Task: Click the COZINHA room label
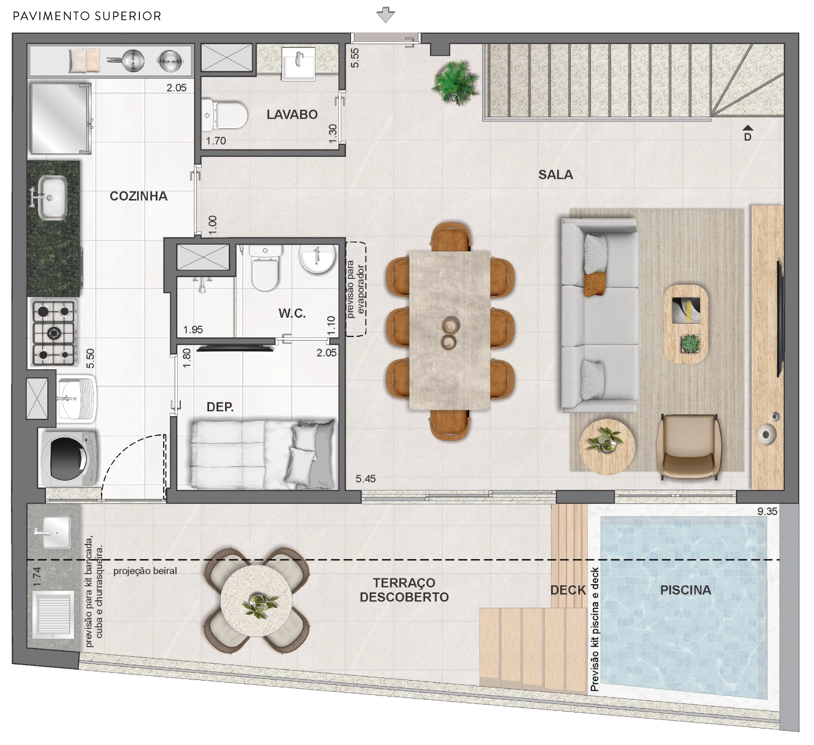pos(138,196)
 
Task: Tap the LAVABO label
pos(292,114)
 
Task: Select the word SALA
pos(555,175)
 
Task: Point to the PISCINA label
pos(685,590)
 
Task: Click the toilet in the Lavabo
pos(225,115)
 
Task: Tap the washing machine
pos(68,459)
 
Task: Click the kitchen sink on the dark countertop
pos(51,198)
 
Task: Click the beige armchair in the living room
pos(688,446)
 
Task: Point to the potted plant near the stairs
pos(454,82)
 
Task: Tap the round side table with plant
pos(607,446)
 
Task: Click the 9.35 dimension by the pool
pos(767,511)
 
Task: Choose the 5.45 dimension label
pos(366,479)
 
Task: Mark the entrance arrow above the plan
pos(385,14)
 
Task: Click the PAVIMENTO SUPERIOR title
pos(87,16)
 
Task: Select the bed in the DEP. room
pos(264,454)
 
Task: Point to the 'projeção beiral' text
pos(145,571)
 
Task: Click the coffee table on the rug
pos(686,324)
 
